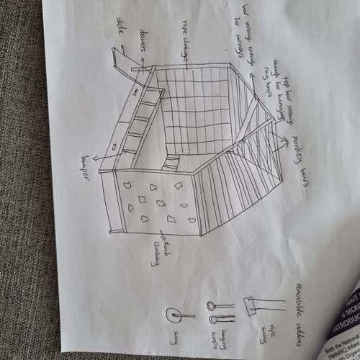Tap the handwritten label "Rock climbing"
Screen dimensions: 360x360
(160, 252)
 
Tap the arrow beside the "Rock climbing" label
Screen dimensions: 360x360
(161, 235)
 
